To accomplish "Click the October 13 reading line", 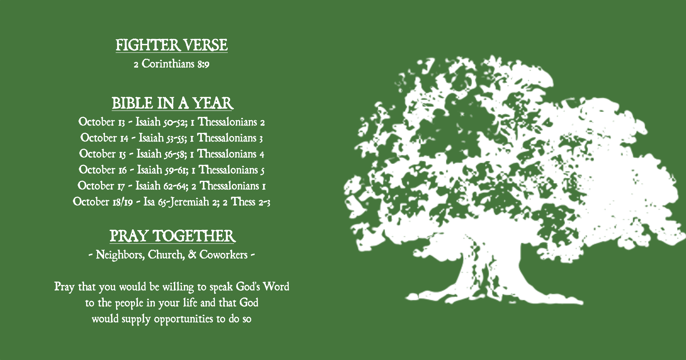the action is click(171, 122).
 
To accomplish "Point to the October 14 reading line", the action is click(171, 138).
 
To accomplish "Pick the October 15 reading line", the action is click(171, 154).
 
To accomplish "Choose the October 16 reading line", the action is click(171, 170).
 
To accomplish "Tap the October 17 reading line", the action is click(171, 186).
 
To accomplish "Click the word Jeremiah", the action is click(190, 202).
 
